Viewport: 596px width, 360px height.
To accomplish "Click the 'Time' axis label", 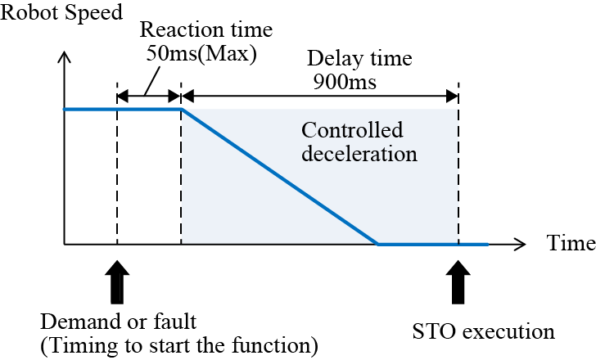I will [x=568, y=245].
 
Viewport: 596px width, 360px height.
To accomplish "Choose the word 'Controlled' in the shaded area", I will [x=352, y=131].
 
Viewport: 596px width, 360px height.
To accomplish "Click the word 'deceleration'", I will [x=359, y=153].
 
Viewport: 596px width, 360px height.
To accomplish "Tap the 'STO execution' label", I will [x=484, y=333].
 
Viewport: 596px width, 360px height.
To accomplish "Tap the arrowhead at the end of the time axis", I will [x=521, y=244].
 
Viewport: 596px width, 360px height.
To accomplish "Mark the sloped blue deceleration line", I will [x=278, y=176].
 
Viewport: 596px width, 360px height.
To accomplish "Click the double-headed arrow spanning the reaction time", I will [x=148, y=97].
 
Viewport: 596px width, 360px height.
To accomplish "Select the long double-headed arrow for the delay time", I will [x=319, y=97].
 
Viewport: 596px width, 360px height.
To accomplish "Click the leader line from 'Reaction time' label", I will [x=151, y=81].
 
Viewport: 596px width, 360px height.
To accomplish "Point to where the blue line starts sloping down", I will [x=182, y=109].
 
